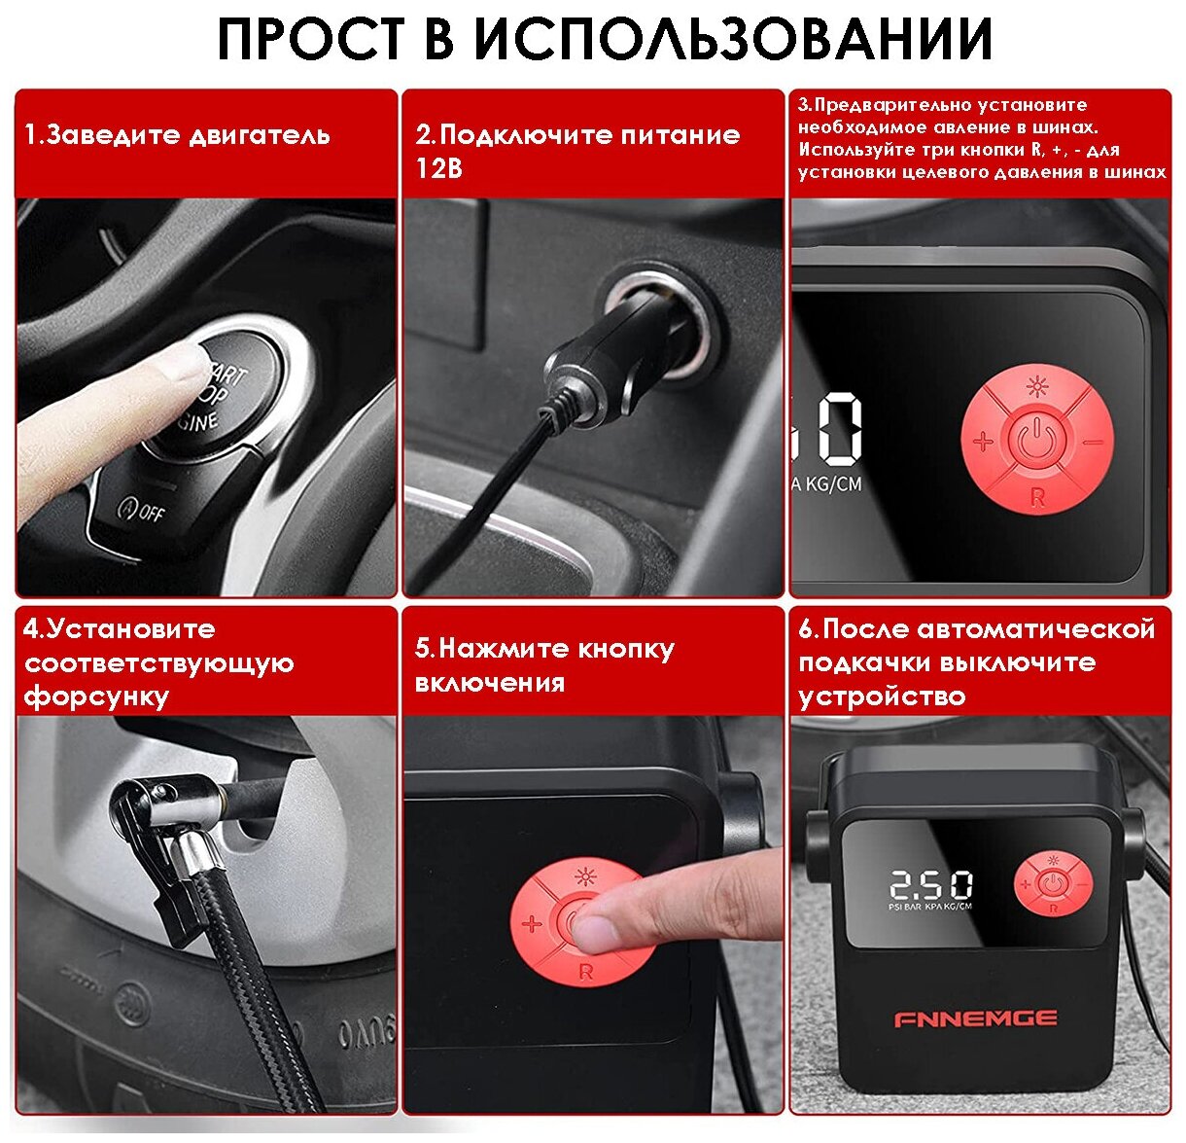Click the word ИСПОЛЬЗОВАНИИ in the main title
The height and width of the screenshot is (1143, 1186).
tap(733, 39)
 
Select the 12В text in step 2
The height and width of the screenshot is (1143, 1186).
tap(438, 167)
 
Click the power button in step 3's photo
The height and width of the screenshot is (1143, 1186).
tap(1034, 441)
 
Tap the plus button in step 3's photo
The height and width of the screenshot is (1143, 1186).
tap(983, 441)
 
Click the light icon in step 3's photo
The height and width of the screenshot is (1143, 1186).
tap(1036, 387)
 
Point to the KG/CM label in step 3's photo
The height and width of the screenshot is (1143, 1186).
tap(834, 484)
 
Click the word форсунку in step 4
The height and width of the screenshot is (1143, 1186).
tap(96, 697)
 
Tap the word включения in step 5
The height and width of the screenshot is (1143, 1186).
tap(490, 683)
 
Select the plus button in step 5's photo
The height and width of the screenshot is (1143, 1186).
tap(532, 924)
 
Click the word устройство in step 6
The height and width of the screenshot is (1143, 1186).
tap(882, 696)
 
